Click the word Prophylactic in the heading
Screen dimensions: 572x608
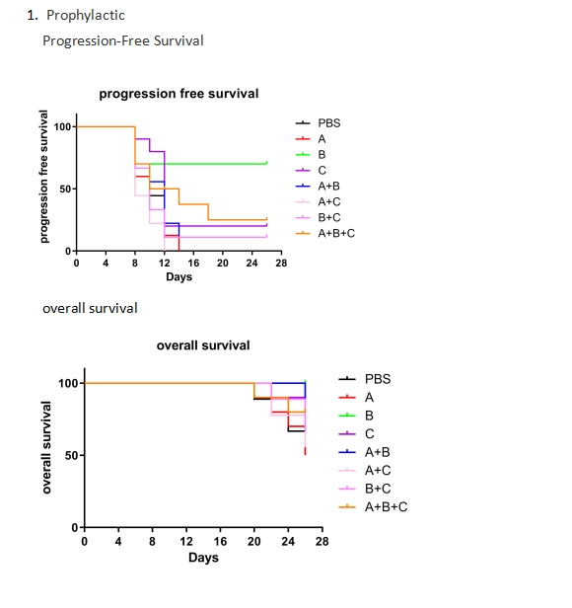click(86, 16)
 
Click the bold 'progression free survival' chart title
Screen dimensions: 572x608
click(179, 94)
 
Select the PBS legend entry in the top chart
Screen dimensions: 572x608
click(318, 123)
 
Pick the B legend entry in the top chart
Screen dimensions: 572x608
click(311, 154)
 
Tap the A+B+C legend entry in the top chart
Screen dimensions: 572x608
click(324, 233)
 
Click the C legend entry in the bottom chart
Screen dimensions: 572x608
click(356, 433)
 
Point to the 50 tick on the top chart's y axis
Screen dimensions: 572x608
click(65, 190)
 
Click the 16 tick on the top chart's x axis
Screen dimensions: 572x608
click(193, 263)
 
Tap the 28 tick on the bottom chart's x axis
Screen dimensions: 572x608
click(322, 541)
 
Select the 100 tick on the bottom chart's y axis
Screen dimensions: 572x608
click(68, 383)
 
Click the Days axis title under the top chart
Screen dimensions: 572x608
click(179, 276)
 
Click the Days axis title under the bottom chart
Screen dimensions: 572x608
click(203, 558)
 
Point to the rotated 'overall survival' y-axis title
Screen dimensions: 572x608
click(46, 447)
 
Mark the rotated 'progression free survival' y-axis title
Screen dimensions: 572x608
click(43, 177)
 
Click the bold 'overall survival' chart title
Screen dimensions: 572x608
click(203, 345)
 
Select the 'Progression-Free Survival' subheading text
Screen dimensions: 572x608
click(123, 40)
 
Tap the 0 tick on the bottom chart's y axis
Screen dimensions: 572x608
click(75, 527)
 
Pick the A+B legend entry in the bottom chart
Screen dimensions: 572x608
click(364, 452)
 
